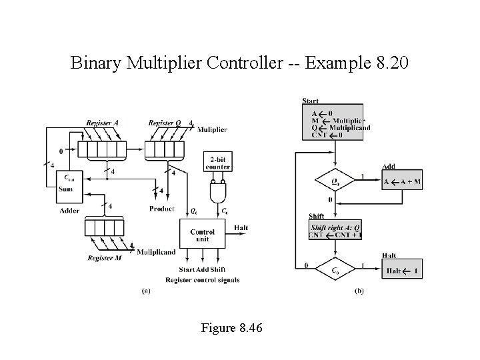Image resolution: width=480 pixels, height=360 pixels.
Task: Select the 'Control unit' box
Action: point(203,234)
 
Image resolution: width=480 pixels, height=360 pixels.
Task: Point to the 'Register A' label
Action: point(102,123)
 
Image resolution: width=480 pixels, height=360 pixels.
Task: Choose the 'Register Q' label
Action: point(166,123)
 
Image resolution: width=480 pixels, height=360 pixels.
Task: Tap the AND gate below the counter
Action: point(218,193)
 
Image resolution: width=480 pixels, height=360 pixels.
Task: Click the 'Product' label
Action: point(162,209)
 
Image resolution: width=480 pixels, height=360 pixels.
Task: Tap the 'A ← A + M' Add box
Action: point(402,181)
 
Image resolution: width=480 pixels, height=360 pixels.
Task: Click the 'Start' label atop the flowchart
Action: point(310,101)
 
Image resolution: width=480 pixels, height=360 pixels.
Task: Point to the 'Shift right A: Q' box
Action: point(335,230)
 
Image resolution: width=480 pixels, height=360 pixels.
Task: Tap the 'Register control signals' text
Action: point(203,279)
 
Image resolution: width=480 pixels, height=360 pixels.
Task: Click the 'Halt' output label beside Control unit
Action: point(241,228)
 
